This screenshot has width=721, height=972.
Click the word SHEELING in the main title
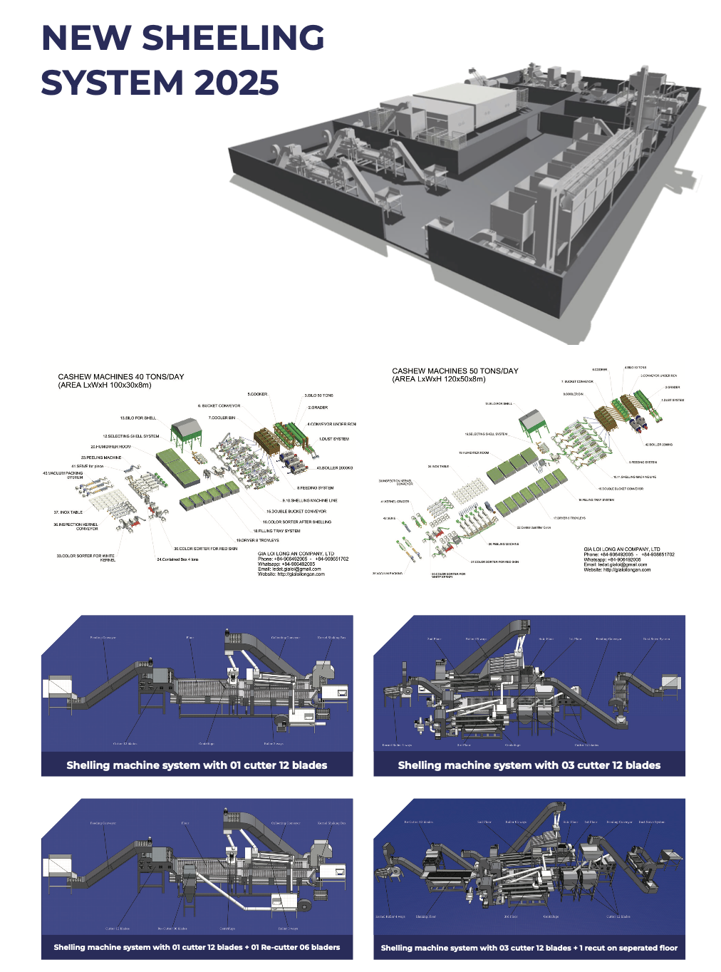pyautogui.click(x=233, y=38)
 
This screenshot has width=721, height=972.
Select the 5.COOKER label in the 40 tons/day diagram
pyautogui.click(x=257, y=394)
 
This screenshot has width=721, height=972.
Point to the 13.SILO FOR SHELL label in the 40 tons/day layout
pyautogui.click(x=138, y=418)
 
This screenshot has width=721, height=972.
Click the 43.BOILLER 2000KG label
pyautogui.click(x=334, y=468)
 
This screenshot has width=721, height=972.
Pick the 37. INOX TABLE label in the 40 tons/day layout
pyautogui.click(x=68, y=512)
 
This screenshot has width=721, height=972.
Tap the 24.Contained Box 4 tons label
pyautogui.click(x=177, y=559)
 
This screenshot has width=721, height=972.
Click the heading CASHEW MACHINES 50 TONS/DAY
pyautogui.click(x=455, y=371)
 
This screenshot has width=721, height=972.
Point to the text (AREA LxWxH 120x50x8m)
pyautogui.click(x=438, y=379)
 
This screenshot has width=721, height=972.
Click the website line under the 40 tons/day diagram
pyautogui.click(x=291, y=574)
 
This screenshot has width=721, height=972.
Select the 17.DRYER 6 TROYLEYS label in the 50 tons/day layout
pyautogui.click(x=569, y=518)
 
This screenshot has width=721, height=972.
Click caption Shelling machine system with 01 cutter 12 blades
pyautogui.click(x=197, y=765)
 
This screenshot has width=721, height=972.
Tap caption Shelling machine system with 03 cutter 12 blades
pyautogui.click(x=529, y=765)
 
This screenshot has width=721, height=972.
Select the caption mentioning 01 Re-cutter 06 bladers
pyautogui.click(x=197, y=947)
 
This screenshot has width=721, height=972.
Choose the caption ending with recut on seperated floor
pyautogui.click(x=529, y=948)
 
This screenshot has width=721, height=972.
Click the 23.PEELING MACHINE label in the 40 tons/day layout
pyautogui.click(x=101, y=457)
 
